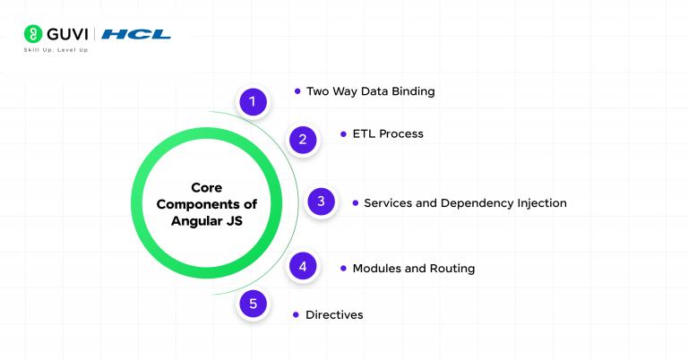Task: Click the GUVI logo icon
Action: [32, 34]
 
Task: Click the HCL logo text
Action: [136, 34]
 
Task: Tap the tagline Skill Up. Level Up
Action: [56, 50]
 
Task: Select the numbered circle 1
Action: [253, 102]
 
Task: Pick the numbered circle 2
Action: [303, 139]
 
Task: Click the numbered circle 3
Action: [321, 201]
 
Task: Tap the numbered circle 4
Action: [303, 266]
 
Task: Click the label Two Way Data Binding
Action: [370, 91]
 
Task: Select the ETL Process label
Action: [388, 134]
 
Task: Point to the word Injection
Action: [541, 203]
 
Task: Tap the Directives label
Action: [334, 315]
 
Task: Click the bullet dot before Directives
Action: [297, 315]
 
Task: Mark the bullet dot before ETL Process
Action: [343, 133]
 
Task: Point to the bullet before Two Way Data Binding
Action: [297, 90]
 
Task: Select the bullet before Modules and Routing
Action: [343, 268]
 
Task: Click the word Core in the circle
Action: [207, 188]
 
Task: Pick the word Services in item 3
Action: [389, 203]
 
